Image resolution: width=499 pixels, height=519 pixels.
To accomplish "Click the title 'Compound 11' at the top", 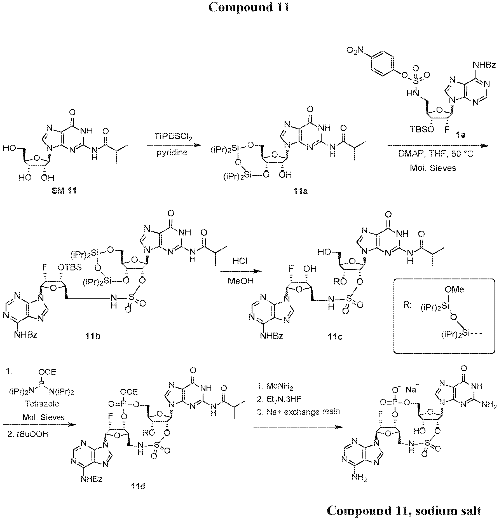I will click(249, 7).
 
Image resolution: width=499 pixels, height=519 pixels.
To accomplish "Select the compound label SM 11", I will click(64, 191).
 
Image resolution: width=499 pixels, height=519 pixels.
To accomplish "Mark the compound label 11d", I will click(138, 487).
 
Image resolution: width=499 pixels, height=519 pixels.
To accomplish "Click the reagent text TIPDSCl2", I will click(171, 137).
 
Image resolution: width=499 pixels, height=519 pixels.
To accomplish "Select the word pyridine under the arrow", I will click(172, 153).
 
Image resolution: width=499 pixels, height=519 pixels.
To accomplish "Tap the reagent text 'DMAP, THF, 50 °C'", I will click(435, 154).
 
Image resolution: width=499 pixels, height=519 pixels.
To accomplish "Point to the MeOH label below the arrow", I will click(240, 281).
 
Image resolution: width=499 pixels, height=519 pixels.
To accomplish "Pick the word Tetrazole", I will click(42, 404).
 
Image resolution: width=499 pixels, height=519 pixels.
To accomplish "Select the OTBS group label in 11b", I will click(70, 267).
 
